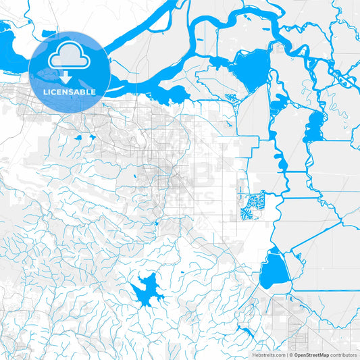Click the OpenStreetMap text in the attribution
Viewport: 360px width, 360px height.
point(311,355)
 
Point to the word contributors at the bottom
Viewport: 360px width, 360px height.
point(344,355)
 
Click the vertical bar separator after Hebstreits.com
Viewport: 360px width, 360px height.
point(288,355)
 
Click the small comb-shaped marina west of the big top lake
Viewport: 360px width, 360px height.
point(231,99)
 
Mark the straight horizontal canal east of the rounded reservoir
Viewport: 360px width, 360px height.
point(324,292)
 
